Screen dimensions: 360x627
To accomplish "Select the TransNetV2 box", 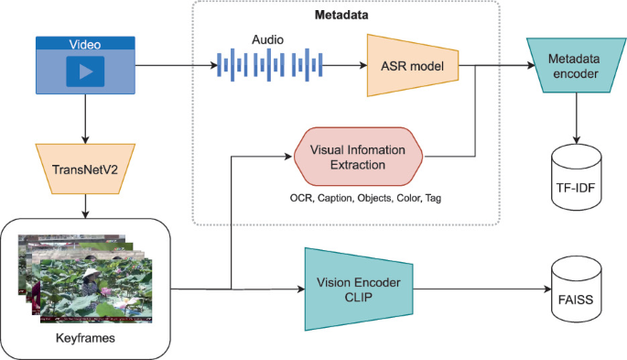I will [x=84, y=169].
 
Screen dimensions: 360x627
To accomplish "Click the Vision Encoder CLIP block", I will [x=360, y=288].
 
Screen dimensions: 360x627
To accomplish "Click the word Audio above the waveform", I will [x=267, y=40].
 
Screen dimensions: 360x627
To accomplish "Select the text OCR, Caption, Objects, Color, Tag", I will [x=359, y=197].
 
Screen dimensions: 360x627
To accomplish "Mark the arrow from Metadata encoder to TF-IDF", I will [x=575, y=116].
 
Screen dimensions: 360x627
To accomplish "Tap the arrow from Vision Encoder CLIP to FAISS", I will [x=485, y=288].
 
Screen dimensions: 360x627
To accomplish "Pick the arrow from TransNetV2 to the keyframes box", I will [x=84, y=205].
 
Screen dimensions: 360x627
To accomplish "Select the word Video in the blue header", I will [x=84, y=44].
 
